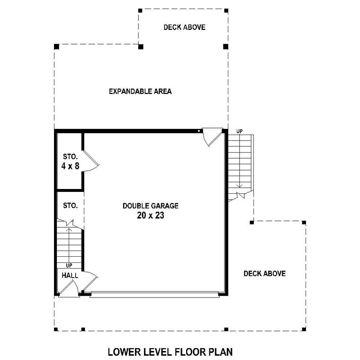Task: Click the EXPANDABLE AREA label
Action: pos(140,91)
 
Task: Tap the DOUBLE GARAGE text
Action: pos(151,206)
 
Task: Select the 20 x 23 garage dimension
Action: pos(151,216)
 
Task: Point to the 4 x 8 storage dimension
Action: pos(70,166)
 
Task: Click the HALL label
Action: pos(70,275)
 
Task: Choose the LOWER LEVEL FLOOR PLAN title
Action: pos(171,352)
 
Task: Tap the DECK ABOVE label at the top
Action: pos(184,27)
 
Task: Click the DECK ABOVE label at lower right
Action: pos(265,273)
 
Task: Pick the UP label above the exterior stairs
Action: pos(240,131)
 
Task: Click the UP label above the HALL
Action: pos(69,266)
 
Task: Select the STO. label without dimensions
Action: pos(70,206)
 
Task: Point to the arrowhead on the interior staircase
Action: pos(69,230)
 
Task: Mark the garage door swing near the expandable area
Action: pos(211,137)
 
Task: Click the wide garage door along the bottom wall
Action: pos(154,295)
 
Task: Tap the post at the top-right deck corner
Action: pos(226,10)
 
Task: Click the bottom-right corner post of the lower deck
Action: pos(304,329)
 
